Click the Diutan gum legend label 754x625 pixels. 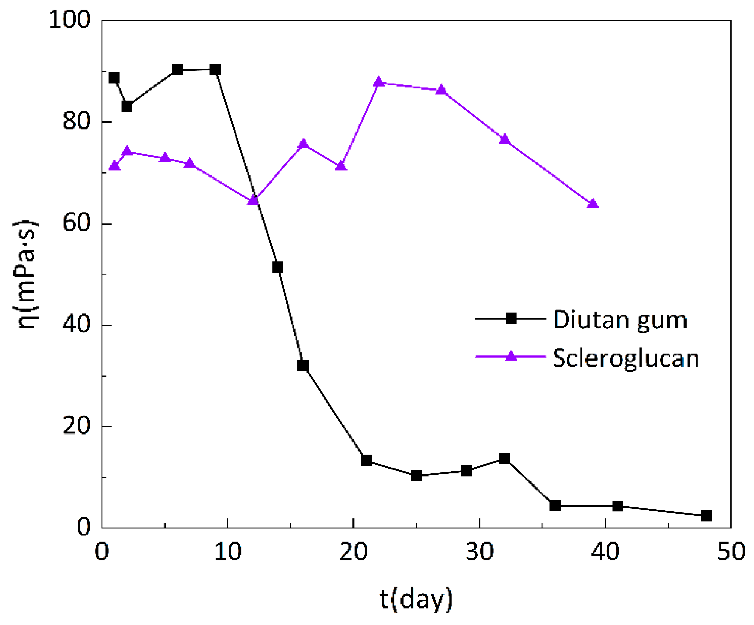(x=620, y=320)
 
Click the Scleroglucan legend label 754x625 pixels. (x=626, y=358)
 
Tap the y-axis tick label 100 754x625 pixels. (x=70, y=19)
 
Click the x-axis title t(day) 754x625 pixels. (x=416, y=599)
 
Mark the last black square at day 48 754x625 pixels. (x=706, y=516)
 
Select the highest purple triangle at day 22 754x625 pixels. (x=379, y=82)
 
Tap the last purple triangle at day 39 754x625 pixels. (x=593, y=204)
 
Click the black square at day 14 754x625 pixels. (x=277, y=267)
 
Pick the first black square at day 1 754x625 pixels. (x=114, y=78)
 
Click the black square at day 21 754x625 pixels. (x=366, y=460)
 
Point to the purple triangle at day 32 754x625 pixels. (x=505, y=139)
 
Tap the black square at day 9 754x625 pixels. (x=215, y=70)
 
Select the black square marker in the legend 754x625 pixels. (x=511, y=319)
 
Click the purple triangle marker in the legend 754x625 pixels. (x=511, y=356)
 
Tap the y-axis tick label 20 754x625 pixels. (x=76, y=426)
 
